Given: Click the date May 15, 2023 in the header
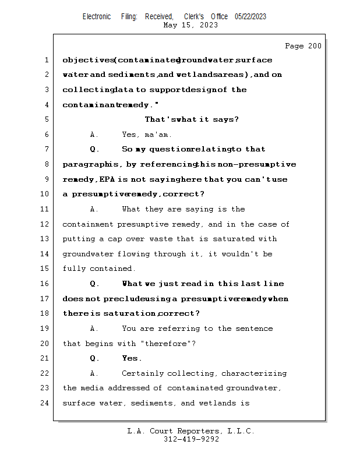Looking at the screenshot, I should pos(190,25).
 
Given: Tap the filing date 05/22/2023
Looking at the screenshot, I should pos(250,16).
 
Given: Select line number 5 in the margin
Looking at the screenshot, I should pos(47,119).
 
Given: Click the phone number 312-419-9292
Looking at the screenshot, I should pos(190,439).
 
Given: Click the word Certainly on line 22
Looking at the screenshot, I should pos(143,373).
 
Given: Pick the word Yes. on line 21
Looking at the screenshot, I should pos(132,358).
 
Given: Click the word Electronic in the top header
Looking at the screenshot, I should pos(96,16).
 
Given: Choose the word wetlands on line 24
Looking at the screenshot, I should pos(217,403).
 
